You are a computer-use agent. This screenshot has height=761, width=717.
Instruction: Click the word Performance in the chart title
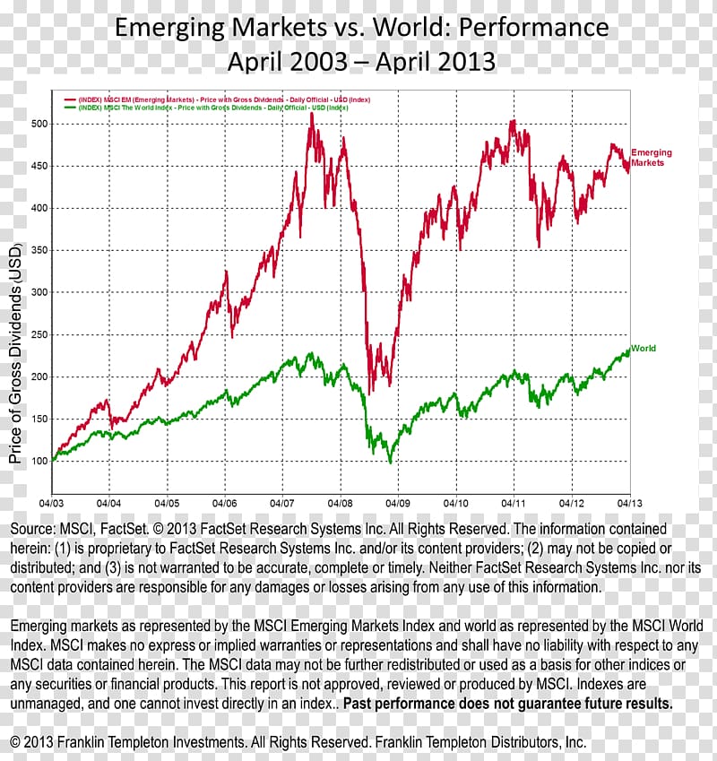[535, 28]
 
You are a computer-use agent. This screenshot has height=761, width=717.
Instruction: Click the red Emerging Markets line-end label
[651, 158]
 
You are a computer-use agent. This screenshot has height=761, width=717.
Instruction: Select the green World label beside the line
[644, 348]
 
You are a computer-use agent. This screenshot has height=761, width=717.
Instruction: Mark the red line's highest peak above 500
[311, 115]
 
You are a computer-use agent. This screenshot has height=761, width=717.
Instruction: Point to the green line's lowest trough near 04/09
[390, 463]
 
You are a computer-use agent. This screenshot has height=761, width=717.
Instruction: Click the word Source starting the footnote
[33, 530]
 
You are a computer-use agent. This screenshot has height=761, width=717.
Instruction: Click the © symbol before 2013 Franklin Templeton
[15, 743]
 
